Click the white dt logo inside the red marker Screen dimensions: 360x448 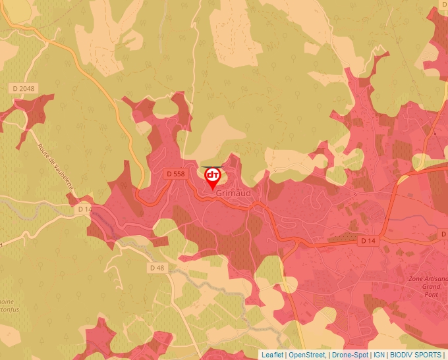pos(213,176)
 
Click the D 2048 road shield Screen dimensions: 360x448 pos(22,88)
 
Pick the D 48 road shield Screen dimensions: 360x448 pos(157,268)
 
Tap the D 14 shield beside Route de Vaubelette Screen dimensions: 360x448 pos(84,209)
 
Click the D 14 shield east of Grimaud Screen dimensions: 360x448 pos(368,242)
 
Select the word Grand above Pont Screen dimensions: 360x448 pos(431,288)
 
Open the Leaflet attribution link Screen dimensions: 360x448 pos(272,355)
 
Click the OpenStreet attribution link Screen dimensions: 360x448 pos(307,355)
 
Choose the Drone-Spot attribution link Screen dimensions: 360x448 pos(350,355)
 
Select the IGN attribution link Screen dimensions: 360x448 pos(379,355)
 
